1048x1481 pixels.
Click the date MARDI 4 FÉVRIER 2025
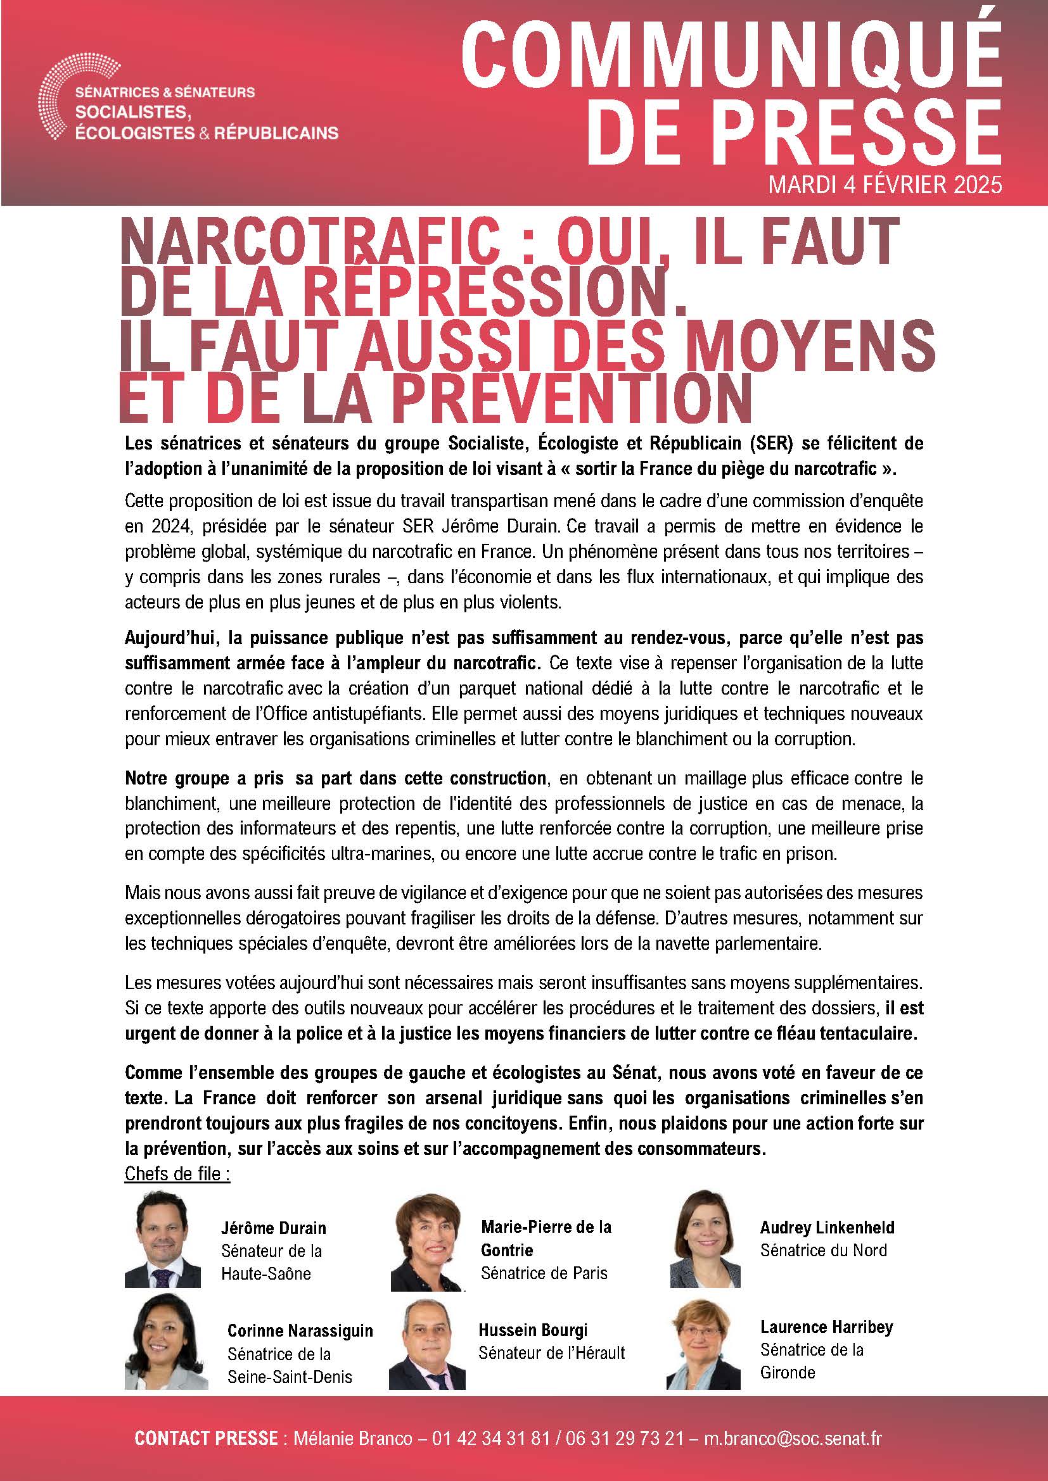click(885, 185)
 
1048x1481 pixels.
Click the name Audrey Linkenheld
click(827, 1228)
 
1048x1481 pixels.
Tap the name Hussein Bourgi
click(533, 1330)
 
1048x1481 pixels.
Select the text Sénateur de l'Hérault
click(552, 1352)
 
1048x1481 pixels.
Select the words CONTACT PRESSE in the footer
click(206, 1438)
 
